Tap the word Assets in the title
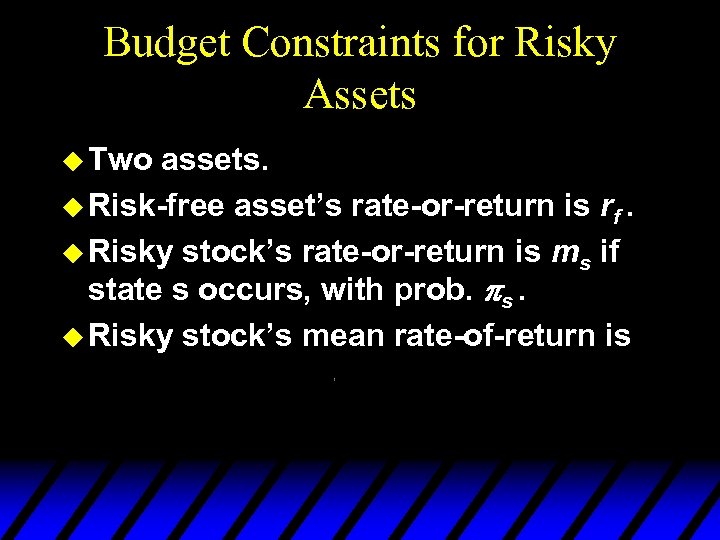(359, 95)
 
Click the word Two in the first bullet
(120, 160)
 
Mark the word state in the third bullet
(124, 292)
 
